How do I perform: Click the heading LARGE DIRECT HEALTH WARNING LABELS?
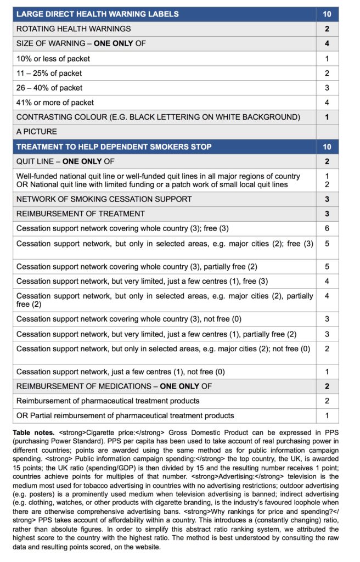point(105,14)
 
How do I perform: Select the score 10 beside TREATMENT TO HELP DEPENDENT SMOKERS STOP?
point(327,147)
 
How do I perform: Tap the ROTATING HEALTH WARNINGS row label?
point(74,29)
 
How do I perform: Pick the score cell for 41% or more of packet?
point(327,102)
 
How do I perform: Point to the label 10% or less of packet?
point(53,58)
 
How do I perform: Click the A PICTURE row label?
point(37,132)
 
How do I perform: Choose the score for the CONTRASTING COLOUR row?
point(327,117)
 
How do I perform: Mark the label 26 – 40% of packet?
point(49,88)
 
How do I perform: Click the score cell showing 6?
point(327,228)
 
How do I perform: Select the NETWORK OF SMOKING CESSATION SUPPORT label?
point(104,199)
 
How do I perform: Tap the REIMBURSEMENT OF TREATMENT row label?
point(81,213)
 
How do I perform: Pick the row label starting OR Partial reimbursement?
point(125,415)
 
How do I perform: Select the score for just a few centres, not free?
point(327,371)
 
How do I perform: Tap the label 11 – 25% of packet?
point(49,73)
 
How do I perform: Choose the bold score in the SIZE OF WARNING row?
point(327,43)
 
